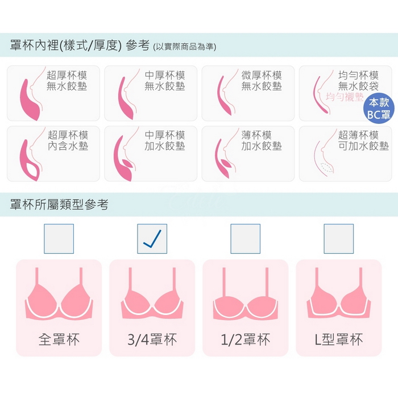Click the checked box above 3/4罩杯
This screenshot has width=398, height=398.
click(x=152, y=239)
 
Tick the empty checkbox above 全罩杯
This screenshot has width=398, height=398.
click(x=59, y=239)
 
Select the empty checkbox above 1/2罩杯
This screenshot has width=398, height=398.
click(x=246, y=239)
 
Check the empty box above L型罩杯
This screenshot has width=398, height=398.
click(x=339, y=239)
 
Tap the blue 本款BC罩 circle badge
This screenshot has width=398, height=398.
click(x=379, y=109)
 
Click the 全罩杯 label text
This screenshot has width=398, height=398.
click(x=59, y=339)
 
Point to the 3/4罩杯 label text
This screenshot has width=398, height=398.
click(x=152, y=339)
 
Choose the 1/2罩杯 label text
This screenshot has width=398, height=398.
click(x=246, y=339)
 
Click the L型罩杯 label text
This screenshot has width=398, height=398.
click(x=339, y=339)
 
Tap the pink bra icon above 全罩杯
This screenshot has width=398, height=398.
click(x=59, y=294)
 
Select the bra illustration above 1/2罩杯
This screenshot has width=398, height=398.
click(x=246, y=294)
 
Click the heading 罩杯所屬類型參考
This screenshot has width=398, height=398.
click(x=59, y=204)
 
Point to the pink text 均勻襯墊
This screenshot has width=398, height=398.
click(x=345, y=97)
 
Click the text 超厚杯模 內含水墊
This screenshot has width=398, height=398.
click(x=68, y=140)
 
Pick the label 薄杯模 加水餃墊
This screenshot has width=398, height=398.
click(x=262, y=140)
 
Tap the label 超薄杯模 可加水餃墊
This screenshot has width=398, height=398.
click(x=363, y=140)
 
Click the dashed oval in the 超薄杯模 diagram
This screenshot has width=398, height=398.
click(x=326, y=168)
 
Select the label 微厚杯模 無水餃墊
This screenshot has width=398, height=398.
click(x=262, y=81)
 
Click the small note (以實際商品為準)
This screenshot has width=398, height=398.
click(x=185, y=47)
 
